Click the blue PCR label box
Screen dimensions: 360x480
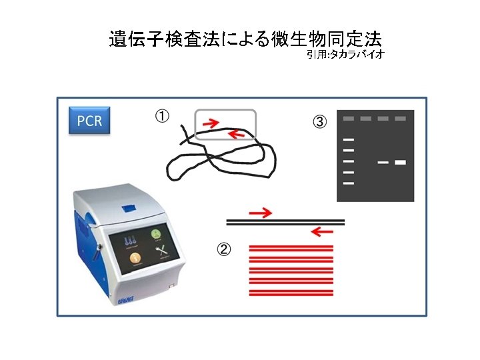click(x=89, y=121)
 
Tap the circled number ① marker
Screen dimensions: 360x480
click(x=162, y=117)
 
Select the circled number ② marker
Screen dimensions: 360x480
click(x=224, y=250)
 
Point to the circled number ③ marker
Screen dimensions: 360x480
click(x=320, y=122)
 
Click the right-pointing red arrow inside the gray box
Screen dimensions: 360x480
click(x=210, y=123)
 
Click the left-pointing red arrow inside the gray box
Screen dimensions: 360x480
click(x=235, y=134)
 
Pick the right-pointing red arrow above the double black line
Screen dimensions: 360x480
click(x=260, y=213)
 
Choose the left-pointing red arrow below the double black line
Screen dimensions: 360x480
click(x=323, y=232)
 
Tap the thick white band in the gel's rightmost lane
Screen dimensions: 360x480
click(x=400, y=162)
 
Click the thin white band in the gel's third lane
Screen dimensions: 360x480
click(x=383, y=162)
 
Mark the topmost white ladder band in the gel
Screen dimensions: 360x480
click(x=348, y=140)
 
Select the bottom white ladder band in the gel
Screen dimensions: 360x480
click(x=348, y=183)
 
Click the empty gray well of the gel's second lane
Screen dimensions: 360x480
click(x=365, y=119)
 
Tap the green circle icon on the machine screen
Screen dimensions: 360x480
click(x=155, y=234)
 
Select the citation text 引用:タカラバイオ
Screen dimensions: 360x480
click(x=346, y=54)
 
